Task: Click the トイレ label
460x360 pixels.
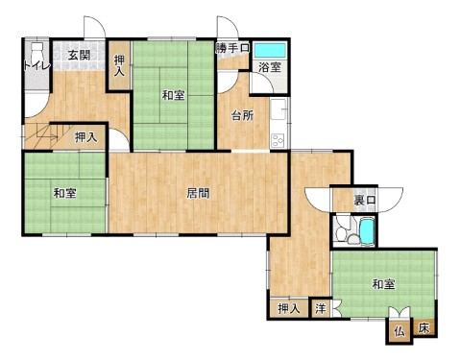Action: [36, 66]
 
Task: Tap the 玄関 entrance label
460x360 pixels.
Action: [79, 56]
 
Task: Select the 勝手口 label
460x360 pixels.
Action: [232, 48]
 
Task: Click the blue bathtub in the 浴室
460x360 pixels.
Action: [270, 50]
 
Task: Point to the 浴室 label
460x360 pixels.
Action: [270, 67]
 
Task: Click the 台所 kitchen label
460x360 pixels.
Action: [243, 115]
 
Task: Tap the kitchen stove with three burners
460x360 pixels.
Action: [278, 140]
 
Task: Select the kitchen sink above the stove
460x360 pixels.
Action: [278, 109]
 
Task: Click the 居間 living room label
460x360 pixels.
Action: [198, 193]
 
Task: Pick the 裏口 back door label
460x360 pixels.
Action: [364, 201]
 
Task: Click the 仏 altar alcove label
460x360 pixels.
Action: [399, 331]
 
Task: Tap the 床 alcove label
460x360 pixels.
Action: [424, 328]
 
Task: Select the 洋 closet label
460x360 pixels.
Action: [321, 308]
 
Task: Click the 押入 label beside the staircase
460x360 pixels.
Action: [85, 137]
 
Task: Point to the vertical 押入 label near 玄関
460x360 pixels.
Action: [119, 65]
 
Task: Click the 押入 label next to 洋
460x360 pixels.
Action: [289, 308]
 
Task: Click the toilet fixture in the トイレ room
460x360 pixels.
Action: [37, 51]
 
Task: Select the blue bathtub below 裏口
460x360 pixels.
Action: [367, 231]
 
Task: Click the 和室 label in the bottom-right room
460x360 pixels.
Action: [383, 284]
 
